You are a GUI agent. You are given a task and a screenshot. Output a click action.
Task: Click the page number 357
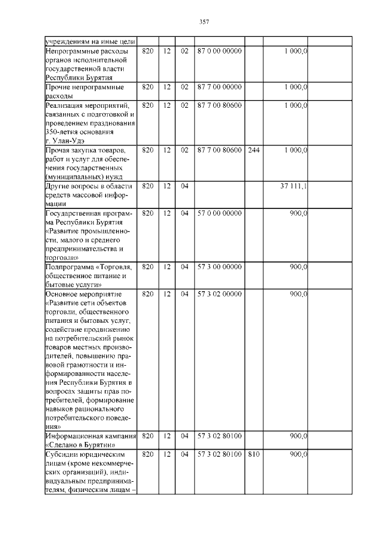[204, 22]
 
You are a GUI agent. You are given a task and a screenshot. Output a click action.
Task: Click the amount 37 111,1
[293, 186]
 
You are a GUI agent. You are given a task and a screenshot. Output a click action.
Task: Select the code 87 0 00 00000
[219, 51]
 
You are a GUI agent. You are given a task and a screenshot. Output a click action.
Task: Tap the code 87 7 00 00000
[219, 87]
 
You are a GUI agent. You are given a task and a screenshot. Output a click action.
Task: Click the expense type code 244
[253, 150]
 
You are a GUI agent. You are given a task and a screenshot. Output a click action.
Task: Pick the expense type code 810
[253, 454]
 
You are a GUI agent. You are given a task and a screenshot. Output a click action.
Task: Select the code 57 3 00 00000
[219, 267]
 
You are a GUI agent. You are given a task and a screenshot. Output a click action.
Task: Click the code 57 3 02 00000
[219, 294]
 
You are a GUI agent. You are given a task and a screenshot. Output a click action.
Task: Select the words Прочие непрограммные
[85, 87]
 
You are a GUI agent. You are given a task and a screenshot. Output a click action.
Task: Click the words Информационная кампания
[90, 436]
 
